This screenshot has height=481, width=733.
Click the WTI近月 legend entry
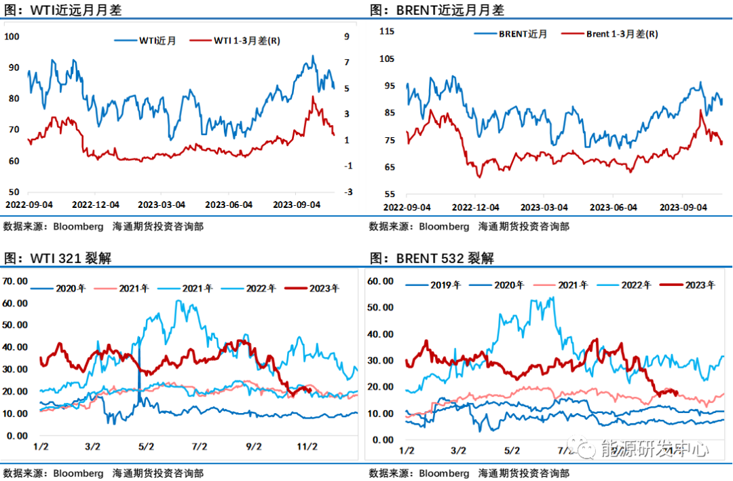click(157, 41)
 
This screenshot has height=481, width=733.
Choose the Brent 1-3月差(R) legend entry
click(621, 34)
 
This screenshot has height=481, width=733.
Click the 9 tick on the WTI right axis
click(347, 36)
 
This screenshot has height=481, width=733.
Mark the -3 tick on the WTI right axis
click(348, 192)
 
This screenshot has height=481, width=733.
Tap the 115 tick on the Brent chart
click(387, 31)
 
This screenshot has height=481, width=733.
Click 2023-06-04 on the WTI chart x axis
click(229, 204)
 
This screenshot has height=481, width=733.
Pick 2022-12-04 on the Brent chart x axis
click(475, 207)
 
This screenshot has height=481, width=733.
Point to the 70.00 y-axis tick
click(15, 281)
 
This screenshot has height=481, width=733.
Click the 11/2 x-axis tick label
click(307, 446)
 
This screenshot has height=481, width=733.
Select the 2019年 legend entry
click(445, 285)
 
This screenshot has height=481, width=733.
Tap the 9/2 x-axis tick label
click(253, 446)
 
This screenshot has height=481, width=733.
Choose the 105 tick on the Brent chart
click(387, 58)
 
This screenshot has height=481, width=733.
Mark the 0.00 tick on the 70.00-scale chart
click(17, 435)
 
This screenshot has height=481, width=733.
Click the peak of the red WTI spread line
click(312, 96)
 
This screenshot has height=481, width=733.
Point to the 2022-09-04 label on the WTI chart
click(28, 204)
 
